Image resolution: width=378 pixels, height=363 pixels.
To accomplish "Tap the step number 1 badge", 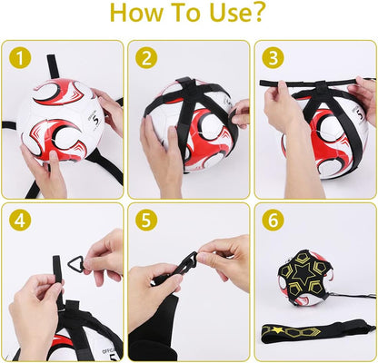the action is click(x=20, y=58).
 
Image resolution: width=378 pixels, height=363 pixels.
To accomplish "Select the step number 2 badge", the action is click(x=146, y=58).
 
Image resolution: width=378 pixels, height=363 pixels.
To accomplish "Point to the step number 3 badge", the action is click(x=273, y=58).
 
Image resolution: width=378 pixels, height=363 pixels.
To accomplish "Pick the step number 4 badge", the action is click(x=20, y=221).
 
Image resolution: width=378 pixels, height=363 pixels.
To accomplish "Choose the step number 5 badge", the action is click(x=146, y=221).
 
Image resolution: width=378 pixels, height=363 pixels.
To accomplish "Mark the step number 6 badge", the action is click(x=273, y=221).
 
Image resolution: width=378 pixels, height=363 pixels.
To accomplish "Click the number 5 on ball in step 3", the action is click(x=360, y=114).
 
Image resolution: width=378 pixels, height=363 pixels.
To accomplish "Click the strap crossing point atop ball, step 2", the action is click(x=186, y=85).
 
